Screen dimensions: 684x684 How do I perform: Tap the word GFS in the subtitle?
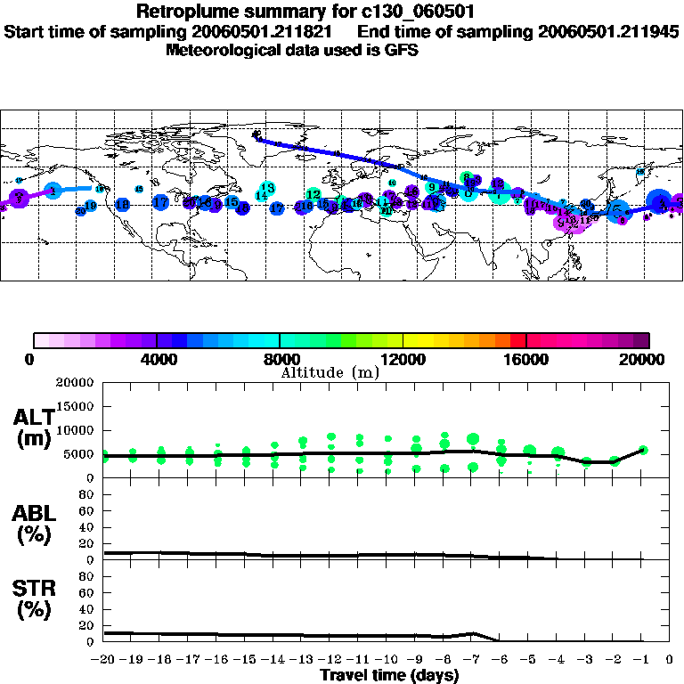(x=402, y=50)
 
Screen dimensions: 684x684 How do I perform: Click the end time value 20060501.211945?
(x=609, y=31)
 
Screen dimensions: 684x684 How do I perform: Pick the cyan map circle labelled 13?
(x=267, y=188)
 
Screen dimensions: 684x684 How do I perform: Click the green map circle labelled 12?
(x=313, y=194)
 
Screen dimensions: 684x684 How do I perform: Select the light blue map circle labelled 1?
(x=53, y=191)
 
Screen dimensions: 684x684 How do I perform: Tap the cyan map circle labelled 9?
(x=432, y=187)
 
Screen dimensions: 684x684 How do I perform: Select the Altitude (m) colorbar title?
(x=330, y=372)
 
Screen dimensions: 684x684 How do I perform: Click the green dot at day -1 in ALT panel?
(x=642, y=451)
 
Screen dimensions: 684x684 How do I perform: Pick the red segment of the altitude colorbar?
(x=517, y=340)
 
